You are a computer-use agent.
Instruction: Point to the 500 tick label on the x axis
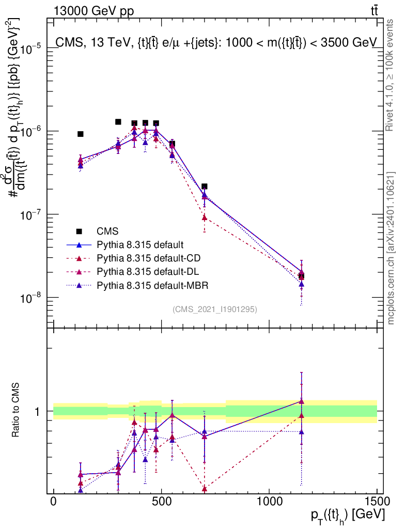point(161,502)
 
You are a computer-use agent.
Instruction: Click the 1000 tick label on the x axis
point(269,502)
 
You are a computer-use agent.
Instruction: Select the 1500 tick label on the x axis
point(376,502)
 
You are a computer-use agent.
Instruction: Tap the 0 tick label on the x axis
point(54,502)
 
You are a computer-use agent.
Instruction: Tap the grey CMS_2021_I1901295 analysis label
point(214,309)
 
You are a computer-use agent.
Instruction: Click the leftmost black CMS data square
point(81,134)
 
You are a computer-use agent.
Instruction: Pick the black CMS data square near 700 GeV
point(205,186)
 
